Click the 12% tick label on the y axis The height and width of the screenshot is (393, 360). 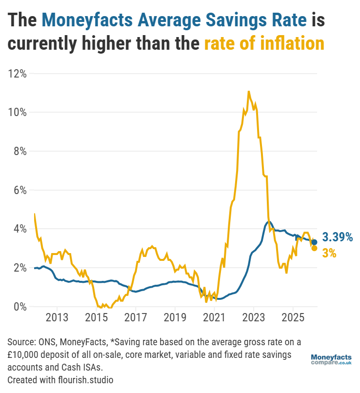[17, 74]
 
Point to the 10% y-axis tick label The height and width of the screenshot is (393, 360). [17, 112]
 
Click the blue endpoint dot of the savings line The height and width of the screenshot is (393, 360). [314, 242]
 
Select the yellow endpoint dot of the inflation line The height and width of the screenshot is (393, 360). [314, 248]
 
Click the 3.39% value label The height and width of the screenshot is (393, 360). [337, 237]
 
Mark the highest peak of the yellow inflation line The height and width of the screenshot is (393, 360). [249, 91]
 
